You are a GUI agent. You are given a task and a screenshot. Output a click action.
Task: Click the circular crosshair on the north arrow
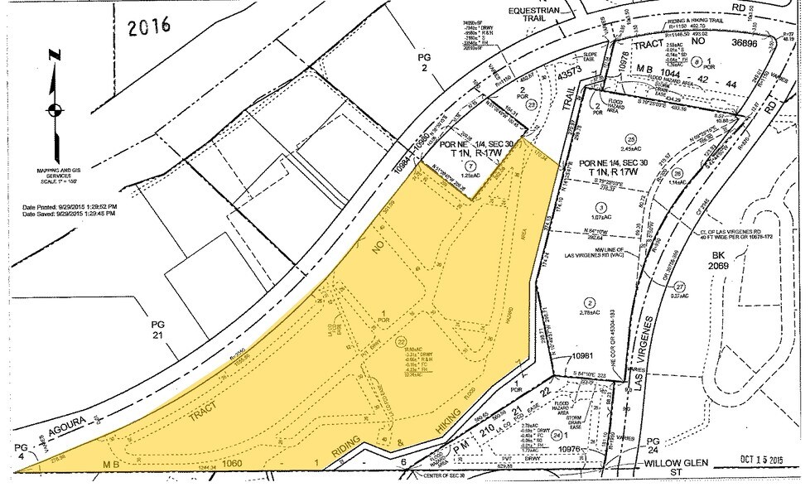[x=55, y=110]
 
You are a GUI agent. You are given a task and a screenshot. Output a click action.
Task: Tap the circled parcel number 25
[x=631, y=138]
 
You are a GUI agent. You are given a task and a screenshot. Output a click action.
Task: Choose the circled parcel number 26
[x=677, y=173]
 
